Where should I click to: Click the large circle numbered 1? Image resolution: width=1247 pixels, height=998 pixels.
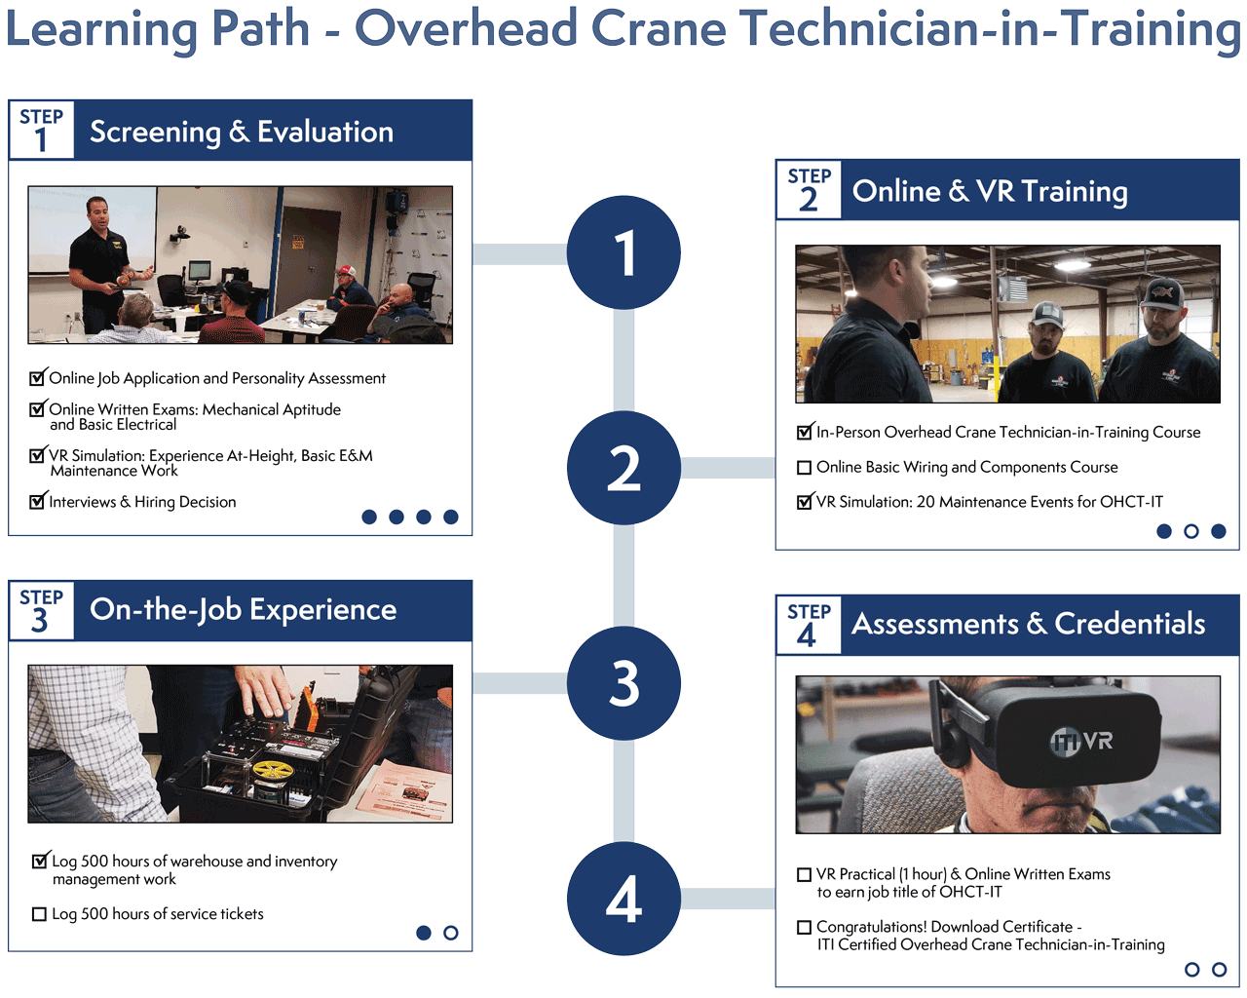[623, 252]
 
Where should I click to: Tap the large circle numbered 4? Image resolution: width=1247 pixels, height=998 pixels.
[623, 899]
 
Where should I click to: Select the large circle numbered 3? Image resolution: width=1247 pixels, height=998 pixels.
[623, 683]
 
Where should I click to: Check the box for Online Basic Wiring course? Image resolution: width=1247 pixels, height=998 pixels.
[805, 468]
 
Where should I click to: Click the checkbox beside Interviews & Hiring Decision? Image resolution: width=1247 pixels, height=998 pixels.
[37, 502]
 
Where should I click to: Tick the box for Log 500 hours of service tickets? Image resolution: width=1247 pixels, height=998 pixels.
[39, 914]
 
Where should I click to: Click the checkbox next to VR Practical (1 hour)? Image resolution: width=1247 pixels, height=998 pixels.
[805, 875]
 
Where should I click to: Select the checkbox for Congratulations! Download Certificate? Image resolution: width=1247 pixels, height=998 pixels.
[805, 927]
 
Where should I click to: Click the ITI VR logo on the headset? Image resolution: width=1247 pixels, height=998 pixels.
[1081, 742]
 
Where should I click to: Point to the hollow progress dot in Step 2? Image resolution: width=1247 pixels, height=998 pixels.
[1190, 531]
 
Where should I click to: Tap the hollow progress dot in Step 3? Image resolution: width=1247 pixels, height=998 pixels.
[450, 933]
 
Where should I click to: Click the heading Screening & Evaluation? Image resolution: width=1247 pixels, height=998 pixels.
[242, 132]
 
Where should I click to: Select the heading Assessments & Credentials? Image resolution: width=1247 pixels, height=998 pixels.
[1028, 624]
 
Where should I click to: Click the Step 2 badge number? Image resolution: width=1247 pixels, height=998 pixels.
[809, 199]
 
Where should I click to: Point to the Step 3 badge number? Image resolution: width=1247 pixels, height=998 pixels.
[40, 620]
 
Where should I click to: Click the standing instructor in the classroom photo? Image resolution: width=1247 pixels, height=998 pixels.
[98, 263]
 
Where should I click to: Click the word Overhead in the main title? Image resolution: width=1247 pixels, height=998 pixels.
[465, 28]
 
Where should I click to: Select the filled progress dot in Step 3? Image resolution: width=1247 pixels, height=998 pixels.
[423, 933]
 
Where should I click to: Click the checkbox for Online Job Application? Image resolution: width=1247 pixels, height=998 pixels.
[37, 378]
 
